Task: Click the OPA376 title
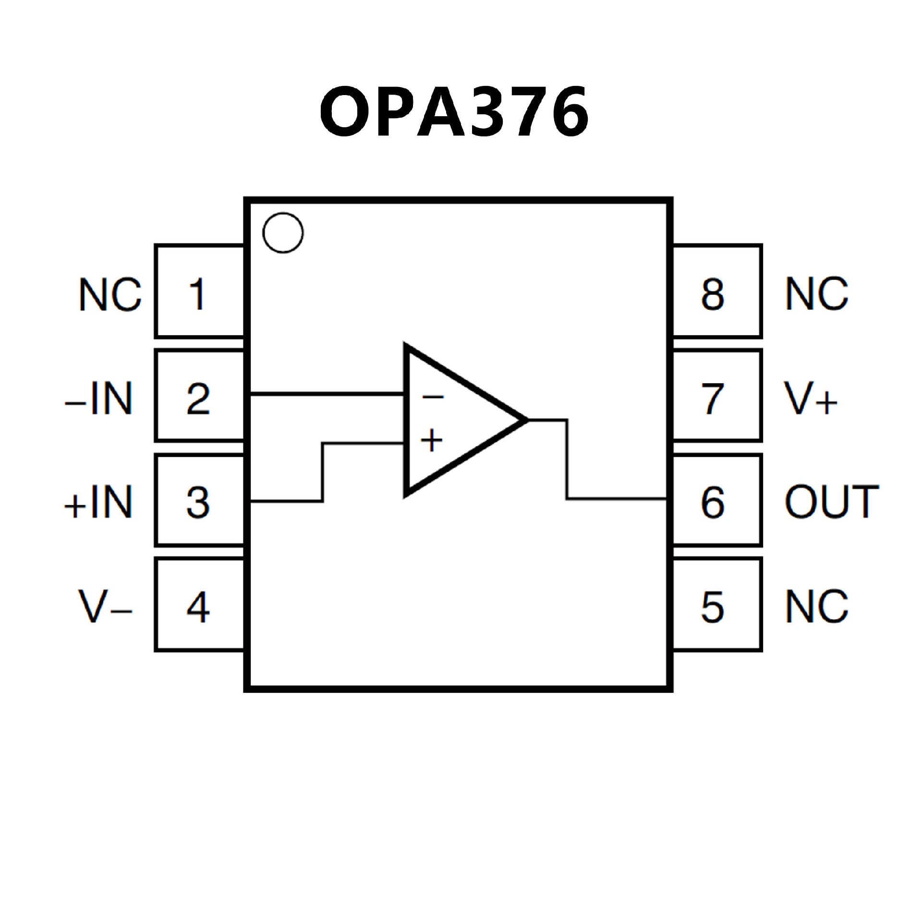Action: click(454, 111)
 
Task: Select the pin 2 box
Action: click(199, 395)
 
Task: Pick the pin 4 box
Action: click(199, 605)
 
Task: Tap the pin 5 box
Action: click(716, 605)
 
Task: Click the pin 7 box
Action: click(716, 395)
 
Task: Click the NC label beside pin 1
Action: click(110, 294)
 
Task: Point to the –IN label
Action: click(98, 399)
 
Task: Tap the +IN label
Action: click(98, 502)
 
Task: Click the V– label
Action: click(105, 607)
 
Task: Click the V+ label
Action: click(811, 399)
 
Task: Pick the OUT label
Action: click(831, 502)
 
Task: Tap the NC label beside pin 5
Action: click(816, 606)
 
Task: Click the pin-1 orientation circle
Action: click(283, 233)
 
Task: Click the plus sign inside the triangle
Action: click(431, 440)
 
